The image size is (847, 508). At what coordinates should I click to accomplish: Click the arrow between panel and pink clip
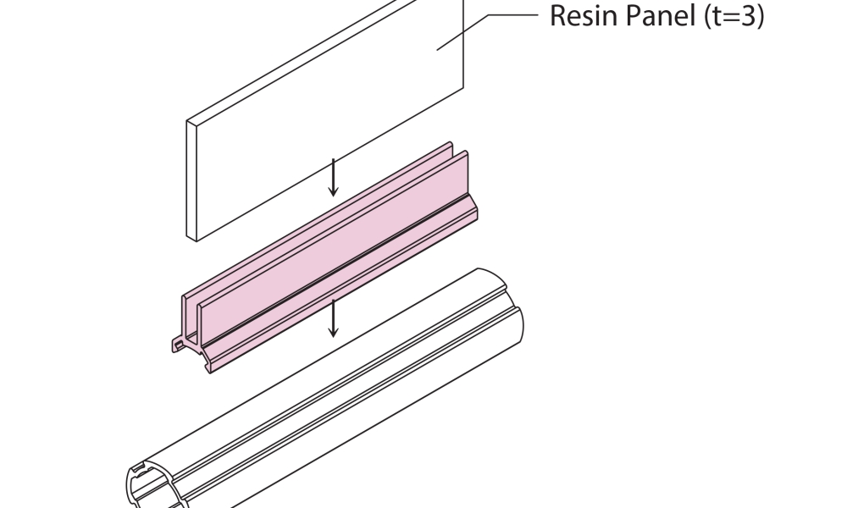(x=334, y=177)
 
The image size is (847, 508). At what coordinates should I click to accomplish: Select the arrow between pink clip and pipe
(x=334, y=317)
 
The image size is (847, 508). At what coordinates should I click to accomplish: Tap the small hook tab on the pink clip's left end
(x=178, y=345)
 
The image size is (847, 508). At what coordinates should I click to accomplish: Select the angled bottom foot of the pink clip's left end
(x=208, y=365)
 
